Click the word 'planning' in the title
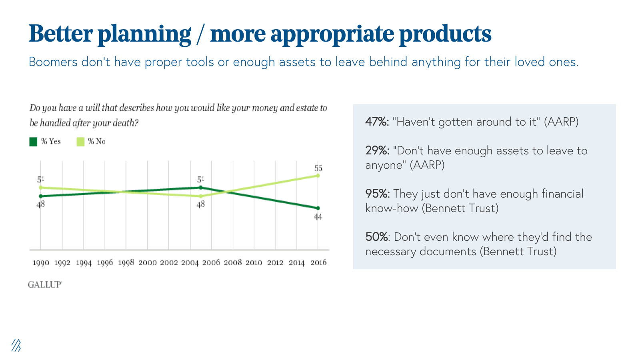click(144, 34)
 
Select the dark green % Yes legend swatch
click(33, 142)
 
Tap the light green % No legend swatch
click(80, 142)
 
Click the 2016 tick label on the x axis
click(318, 263)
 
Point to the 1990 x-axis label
click(40, 263)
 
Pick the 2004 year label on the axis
click(190, 263)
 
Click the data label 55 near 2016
click(318, 168)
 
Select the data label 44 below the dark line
click(318, 217)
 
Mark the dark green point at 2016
click(318, 208)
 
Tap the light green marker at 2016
click(318, 176)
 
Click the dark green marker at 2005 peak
click(200, 187)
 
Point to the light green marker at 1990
click(40, 187)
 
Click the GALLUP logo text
click(45, 284)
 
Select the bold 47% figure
click(376, 122)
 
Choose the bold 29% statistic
click(377, 150)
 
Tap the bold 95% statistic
click(377, 194)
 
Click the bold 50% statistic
click(376, 237)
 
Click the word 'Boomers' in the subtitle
click(53, 62)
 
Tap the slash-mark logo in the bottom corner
click(16, 345)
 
